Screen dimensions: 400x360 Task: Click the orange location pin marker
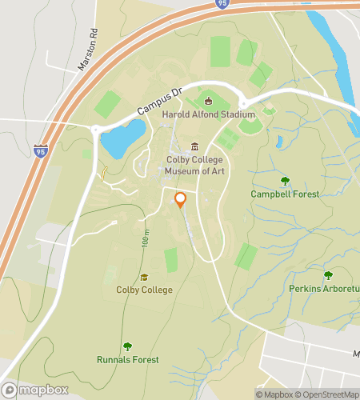point(180,200)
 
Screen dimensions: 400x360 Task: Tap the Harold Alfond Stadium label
point(207,114)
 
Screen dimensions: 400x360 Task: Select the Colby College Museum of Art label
point(194,165)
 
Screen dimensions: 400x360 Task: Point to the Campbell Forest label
point(284,194)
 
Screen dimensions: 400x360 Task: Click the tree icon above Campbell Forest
point(284,181)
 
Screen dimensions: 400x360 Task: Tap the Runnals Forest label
point(127,359)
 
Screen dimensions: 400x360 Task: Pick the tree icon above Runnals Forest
point(127,346)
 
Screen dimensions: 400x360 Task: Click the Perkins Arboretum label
point(324,288)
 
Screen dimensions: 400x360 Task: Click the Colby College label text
point(144,290)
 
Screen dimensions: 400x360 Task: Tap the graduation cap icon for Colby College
point(144,277)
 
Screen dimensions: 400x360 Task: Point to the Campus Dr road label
point(160,101)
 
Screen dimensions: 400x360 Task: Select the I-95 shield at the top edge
point(220,4)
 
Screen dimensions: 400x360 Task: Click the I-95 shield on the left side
point(41,149)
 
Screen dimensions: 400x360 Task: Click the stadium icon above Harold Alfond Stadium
point(209,101)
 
